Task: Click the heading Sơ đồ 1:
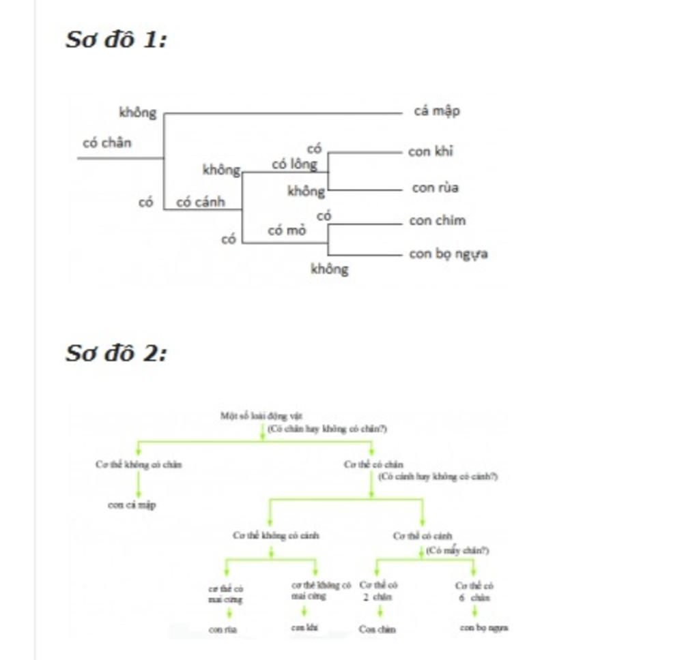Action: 116,40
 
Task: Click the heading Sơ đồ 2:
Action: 116,353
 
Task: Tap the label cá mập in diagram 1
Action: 437,110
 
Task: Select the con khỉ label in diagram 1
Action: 430,151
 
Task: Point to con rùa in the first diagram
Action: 435,187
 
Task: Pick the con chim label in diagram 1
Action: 437,220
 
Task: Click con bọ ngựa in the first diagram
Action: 448,254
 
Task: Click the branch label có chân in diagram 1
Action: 107,143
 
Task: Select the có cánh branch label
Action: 200,202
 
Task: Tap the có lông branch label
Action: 294,164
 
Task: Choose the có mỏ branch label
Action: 287,230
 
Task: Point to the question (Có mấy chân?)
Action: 457,550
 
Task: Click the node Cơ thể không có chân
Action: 139,464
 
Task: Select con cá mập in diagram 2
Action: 132,505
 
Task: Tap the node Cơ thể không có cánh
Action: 276,535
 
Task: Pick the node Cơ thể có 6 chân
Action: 474,591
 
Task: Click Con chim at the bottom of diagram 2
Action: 377,629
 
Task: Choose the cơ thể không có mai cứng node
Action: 321,590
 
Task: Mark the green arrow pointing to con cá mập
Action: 139,485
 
